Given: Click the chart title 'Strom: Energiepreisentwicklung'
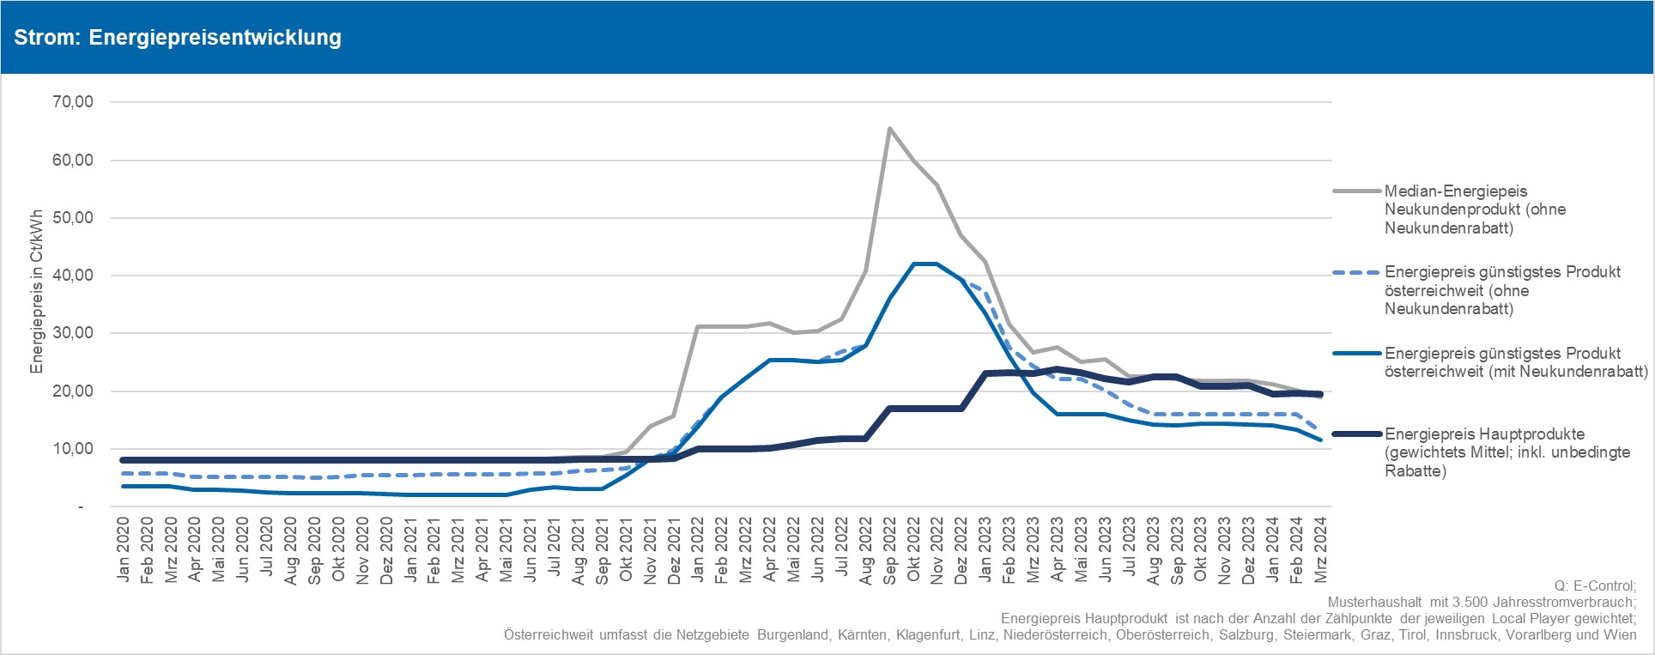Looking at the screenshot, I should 178,38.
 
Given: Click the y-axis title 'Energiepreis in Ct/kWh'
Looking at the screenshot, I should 37,292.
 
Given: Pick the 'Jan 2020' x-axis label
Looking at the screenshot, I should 124,550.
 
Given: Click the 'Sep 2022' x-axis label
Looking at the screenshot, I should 890,550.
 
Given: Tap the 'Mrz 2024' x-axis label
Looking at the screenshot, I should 1322,550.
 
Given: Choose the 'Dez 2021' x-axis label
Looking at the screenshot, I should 675,550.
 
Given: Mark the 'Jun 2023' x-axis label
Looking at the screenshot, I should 1106,550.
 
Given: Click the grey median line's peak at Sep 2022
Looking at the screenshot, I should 889,129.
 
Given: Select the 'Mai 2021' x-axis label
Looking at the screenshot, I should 507,550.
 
